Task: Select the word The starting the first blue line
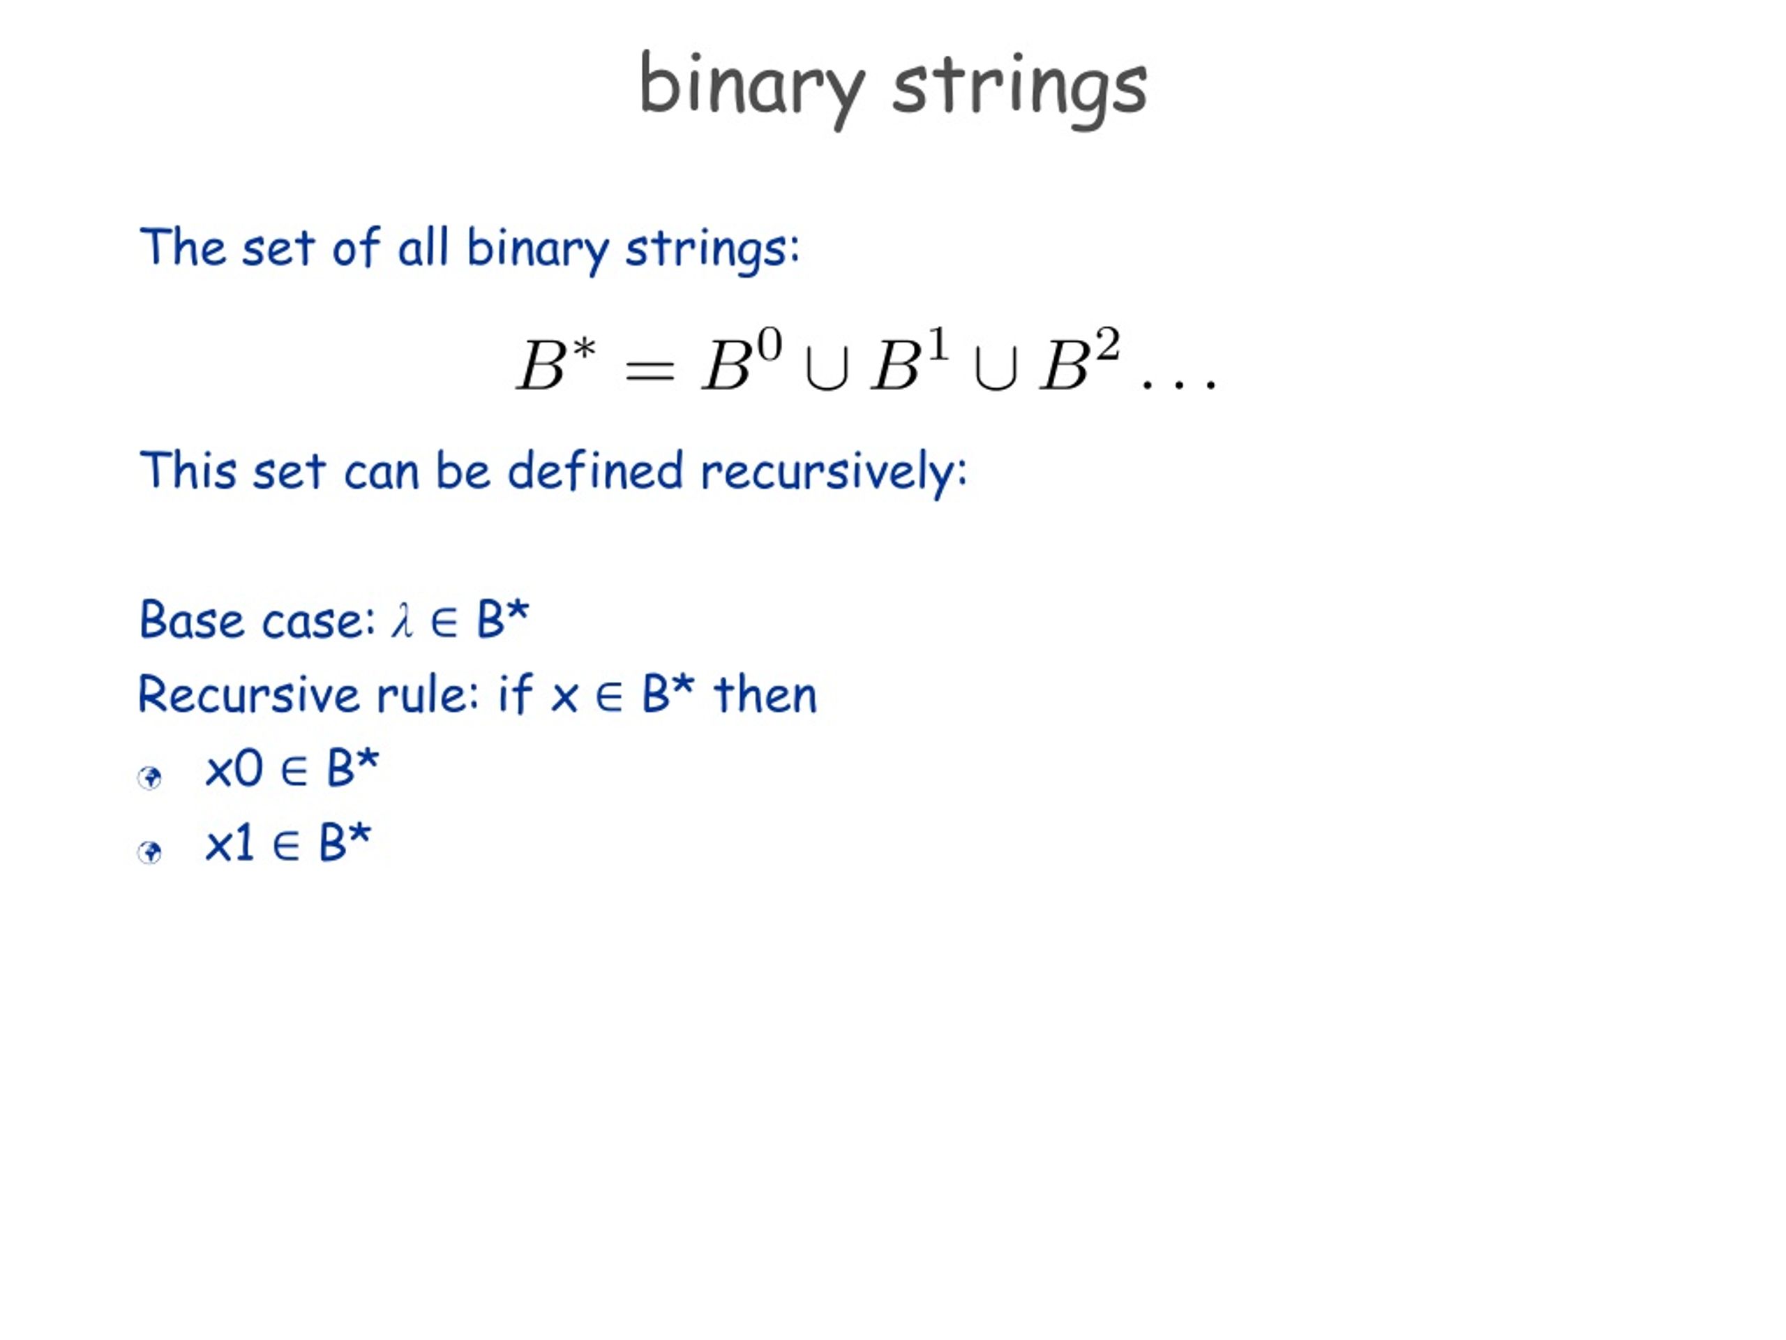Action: (183, 247)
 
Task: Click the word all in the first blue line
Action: (422, 247)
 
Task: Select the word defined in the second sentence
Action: (595, 471)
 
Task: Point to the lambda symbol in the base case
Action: (402, 621)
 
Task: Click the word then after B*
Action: (765, 695)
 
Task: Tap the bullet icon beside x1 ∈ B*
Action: (150, 852)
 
